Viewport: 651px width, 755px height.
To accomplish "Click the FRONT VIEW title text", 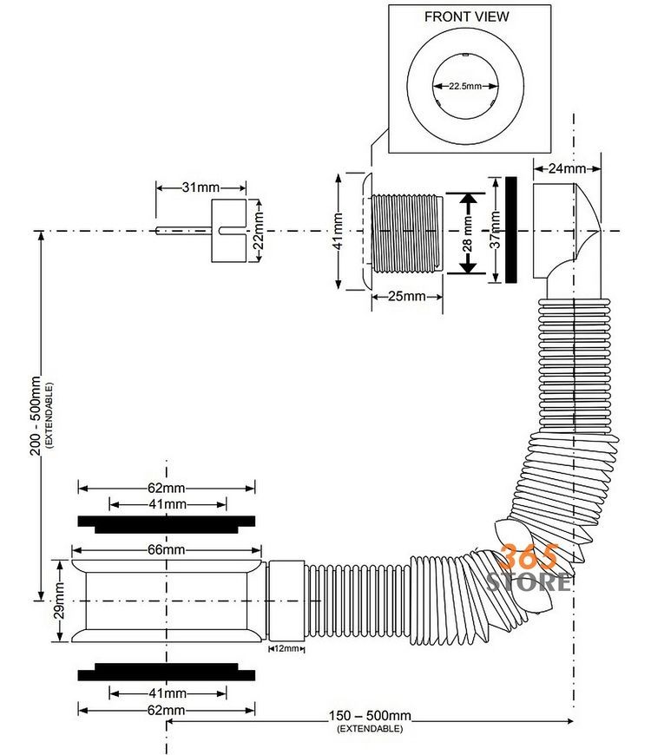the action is point(466,16).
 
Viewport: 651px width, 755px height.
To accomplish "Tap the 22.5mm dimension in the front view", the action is point(465,86).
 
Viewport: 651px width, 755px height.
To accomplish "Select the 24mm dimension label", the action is point(567,168).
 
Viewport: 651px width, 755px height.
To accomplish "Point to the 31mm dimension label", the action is point(201,187).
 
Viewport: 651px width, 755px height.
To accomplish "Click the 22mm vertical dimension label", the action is point(259,231).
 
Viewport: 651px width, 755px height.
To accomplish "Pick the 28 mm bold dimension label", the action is point(467,233).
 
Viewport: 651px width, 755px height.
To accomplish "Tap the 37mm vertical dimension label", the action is point(495,230).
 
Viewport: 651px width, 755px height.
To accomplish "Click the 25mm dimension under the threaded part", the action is point(407,296).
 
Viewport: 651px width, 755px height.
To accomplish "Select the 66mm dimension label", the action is point(166,550).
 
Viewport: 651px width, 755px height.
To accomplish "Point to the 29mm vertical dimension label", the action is point(59,601).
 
